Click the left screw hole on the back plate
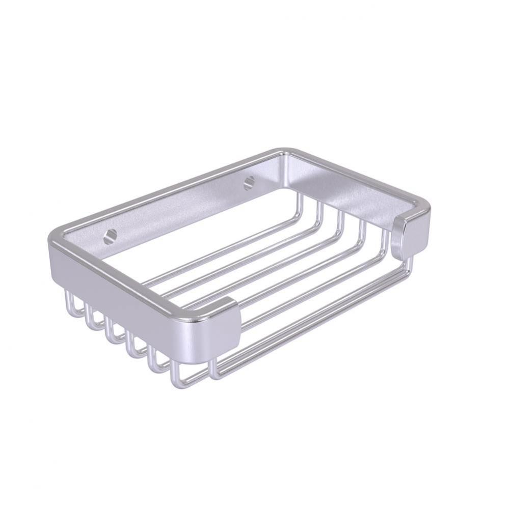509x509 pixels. point(110,236)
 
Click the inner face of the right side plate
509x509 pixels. point(346,193)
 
